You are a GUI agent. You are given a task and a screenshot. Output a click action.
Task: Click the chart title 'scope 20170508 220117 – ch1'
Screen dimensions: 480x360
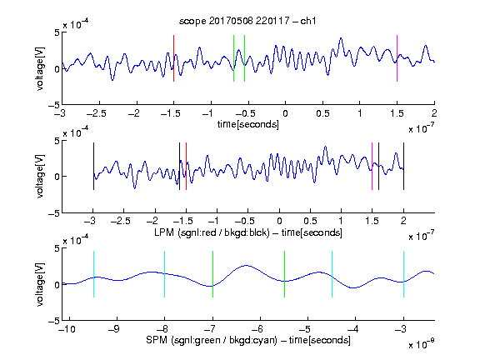247,21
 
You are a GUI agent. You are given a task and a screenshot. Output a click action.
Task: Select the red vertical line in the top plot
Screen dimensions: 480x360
173,58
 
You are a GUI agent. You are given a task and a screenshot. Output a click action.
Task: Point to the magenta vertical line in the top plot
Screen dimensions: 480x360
397,58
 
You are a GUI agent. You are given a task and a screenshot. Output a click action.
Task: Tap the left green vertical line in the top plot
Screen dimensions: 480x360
233,58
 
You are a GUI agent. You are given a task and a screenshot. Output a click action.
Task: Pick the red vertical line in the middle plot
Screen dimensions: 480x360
186,166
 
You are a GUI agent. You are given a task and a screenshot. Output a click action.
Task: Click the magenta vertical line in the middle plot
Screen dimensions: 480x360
372,166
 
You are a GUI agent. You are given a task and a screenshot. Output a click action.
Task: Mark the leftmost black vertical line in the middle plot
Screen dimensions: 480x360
93,166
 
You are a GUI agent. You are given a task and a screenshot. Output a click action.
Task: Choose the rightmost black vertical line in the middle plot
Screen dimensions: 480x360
403,166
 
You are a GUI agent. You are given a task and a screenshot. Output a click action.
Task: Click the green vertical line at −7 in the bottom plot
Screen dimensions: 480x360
212,274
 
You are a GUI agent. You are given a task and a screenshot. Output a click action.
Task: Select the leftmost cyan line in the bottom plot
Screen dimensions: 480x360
93,274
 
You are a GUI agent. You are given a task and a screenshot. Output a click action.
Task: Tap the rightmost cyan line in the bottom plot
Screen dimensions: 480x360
403,274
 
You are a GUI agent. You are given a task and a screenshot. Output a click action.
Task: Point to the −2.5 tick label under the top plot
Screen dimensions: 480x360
97,113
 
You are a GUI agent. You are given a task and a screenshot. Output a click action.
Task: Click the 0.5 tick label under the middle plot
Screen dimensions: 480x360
310,221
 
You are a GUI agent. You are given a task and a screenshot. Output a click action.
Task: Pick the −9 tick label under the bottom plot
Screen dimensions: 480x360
114,329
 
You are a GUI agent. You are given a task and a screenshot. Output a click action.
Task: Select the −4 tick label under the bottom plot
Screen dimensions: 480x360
352,329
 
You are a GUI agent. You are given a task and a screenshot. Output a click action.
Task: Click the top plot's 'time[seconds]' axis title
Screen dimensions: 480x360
248,124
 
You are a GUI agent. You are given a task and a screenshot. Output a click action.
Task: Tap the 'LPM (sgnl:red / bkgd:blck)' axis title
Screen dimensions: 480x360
212,232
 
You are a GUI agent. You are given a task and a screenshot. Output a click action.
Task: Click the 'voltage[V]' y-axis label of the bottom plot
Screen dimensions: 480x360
40,284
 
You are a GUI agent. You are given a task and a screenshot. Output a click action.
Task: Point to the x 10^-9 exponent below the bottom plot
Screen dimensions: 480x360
421,344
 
